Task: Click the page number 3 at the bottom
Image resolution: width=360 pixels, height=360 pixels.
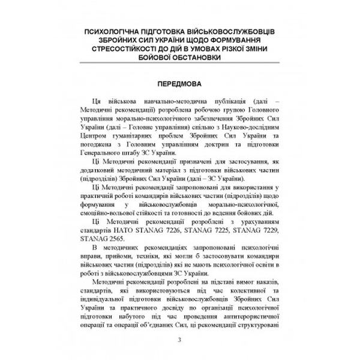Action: coord(179,341)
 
